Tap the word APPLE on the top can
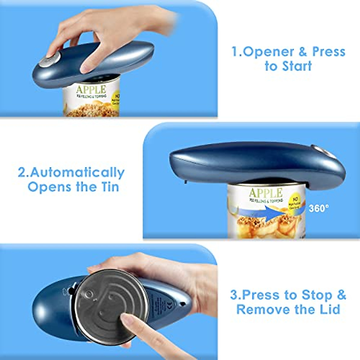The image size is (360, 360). pyautogui.click(x=91, y=89)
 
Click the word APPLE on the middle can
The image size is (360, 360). pyautogui.click(x=265, y=193)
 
